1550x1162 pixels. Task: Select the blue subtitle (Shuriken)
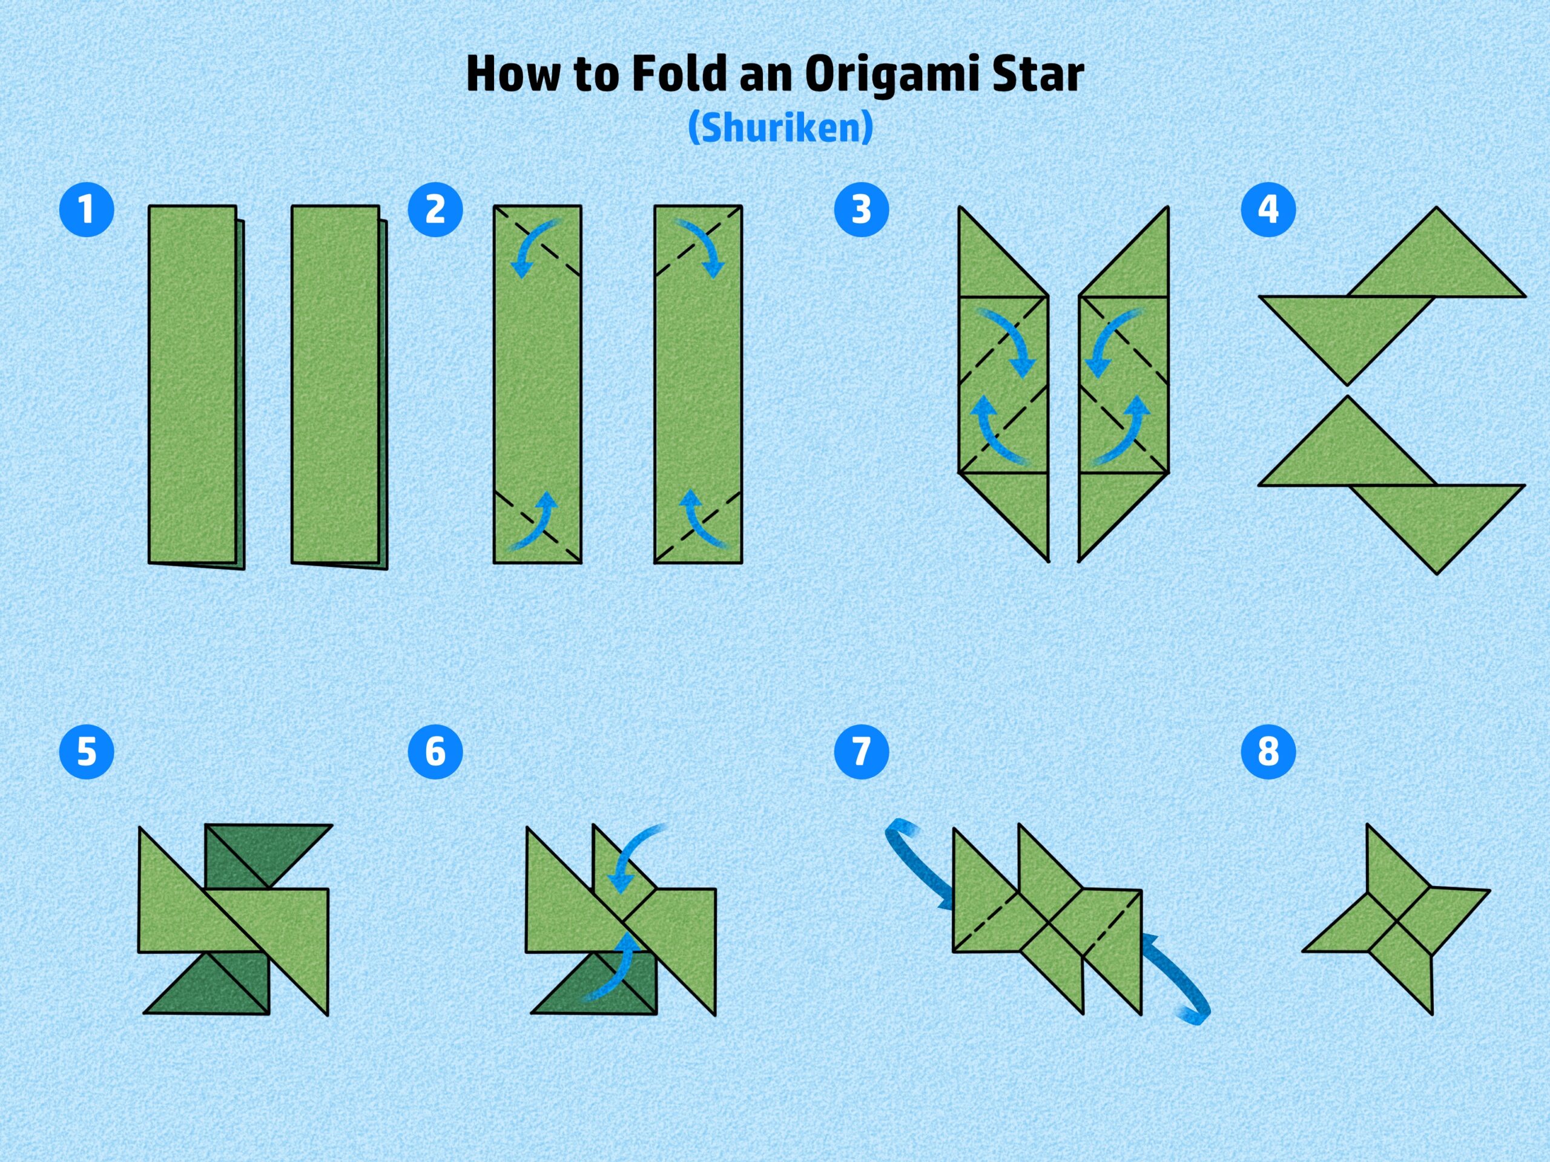click(780, 128)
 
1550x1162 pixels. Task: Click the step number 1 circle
click(86, 209)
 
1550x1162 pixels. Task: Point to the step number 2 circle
click(435, 209)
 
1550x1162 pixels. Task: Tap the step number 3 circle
click(861, 209)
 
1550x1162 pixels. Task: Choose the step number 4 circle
click(1268, 209)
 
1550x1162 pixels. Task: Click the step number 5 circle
click(86, 752)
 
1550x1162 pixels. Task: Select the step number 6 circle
click(435, 752)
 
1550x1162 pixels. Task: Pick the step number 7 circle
click(861, 752)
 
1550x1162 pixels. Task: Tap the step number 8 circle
click(1268, 752)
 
